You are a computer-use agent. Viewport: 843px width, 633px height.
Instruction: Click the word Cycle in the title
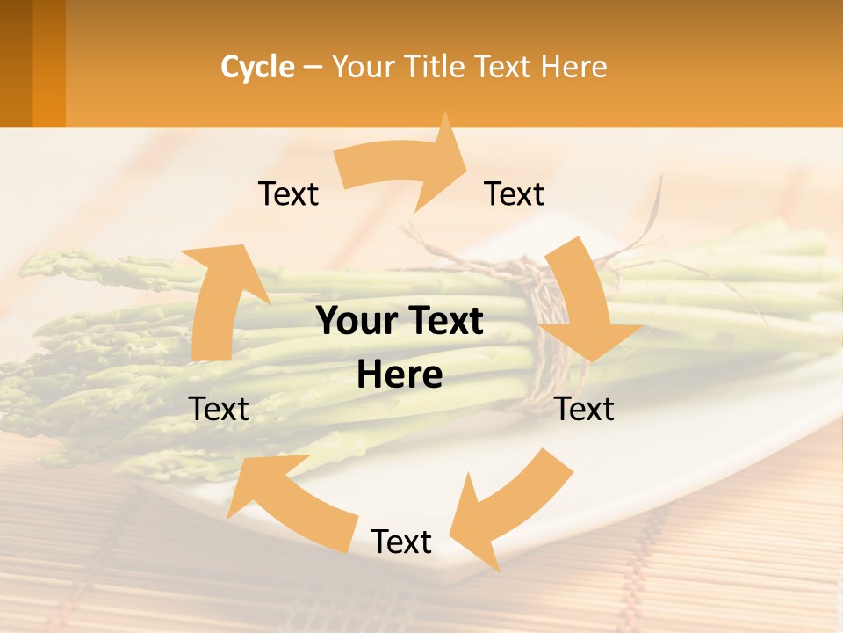click(257, 67)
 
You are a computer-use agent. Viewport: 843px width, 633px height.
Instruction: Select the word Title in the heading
click(436, 67)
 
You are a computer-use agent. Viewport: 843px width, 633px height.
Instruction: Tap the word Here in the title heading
click(574, 67)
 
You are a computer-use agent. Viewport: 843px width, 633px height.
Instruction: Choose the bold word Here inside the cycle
click(400, 375)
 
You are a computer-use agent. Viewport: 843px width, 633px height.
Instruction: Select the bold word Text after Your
click(446, 322)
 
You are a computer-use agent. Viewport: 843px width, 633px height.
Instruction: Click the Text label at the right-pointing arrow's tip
click(515, 194)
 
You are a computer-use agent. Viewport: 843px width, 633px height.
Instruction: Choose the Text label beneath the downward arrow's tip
click(585, 409)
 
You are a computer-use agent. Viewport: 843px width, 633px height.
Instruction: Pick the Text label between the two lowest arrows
click(401, 542)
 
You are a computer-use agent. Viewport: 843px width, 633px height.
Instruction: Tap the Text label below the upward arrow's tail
click(219, 409)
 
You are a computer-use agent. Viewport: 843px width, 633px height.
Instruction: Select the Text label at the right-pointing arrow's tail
click(288, 194)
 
